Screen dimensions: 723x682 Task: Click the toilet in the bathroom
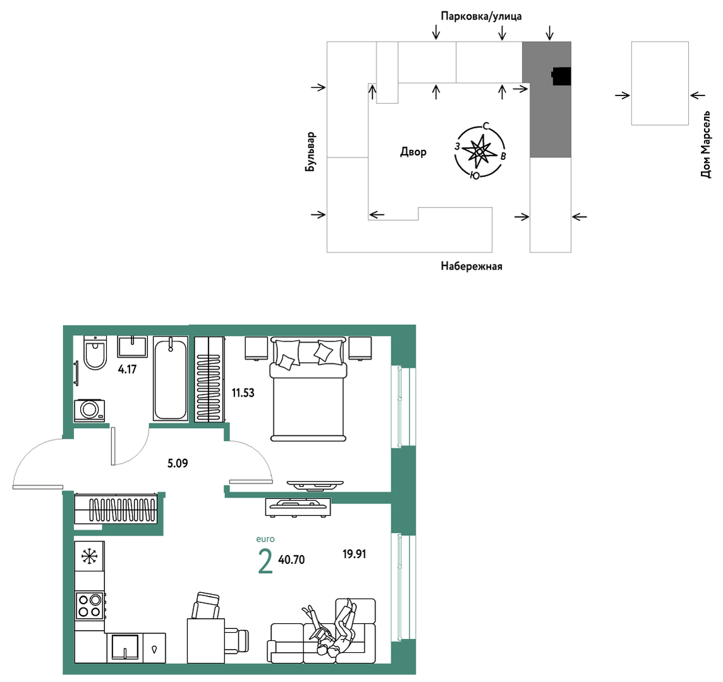[95, 353]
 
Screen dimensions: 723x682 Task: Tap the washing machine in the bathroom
[90, 410]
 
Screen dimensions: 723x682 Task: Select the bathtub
[171, 379]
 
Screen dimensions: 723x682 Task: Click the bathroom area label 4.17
[127, 369]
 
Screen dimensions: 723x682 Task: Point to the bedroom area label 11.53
[243, 393]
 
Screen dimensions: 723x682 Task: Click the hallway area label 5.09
[178, 463]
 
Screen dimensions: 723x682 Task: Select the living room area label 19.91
[354, 554]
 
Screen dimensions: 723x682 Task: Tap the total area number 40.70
[291, 560]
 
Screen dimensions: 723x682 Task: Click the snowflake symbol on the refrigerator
[90, 557]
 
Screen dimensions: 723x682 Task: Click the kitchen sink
[125, 647]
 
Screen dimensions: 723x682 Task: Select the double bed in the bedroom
[308, 389]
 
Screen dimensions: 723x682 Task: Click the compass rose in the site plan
[480, 151]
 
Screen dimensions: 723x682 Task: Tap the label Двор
[413, 152]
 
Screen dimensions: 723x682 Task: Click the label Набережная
[471, 266]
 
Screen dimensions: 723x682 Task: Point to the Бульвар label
[310, 152]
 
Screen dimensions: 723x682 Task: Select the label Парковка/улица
[482, 16]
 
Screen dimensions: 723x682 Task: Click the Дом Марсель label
[705, 144]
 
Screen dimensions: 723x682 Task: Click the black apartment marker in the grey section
[562, 76]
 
